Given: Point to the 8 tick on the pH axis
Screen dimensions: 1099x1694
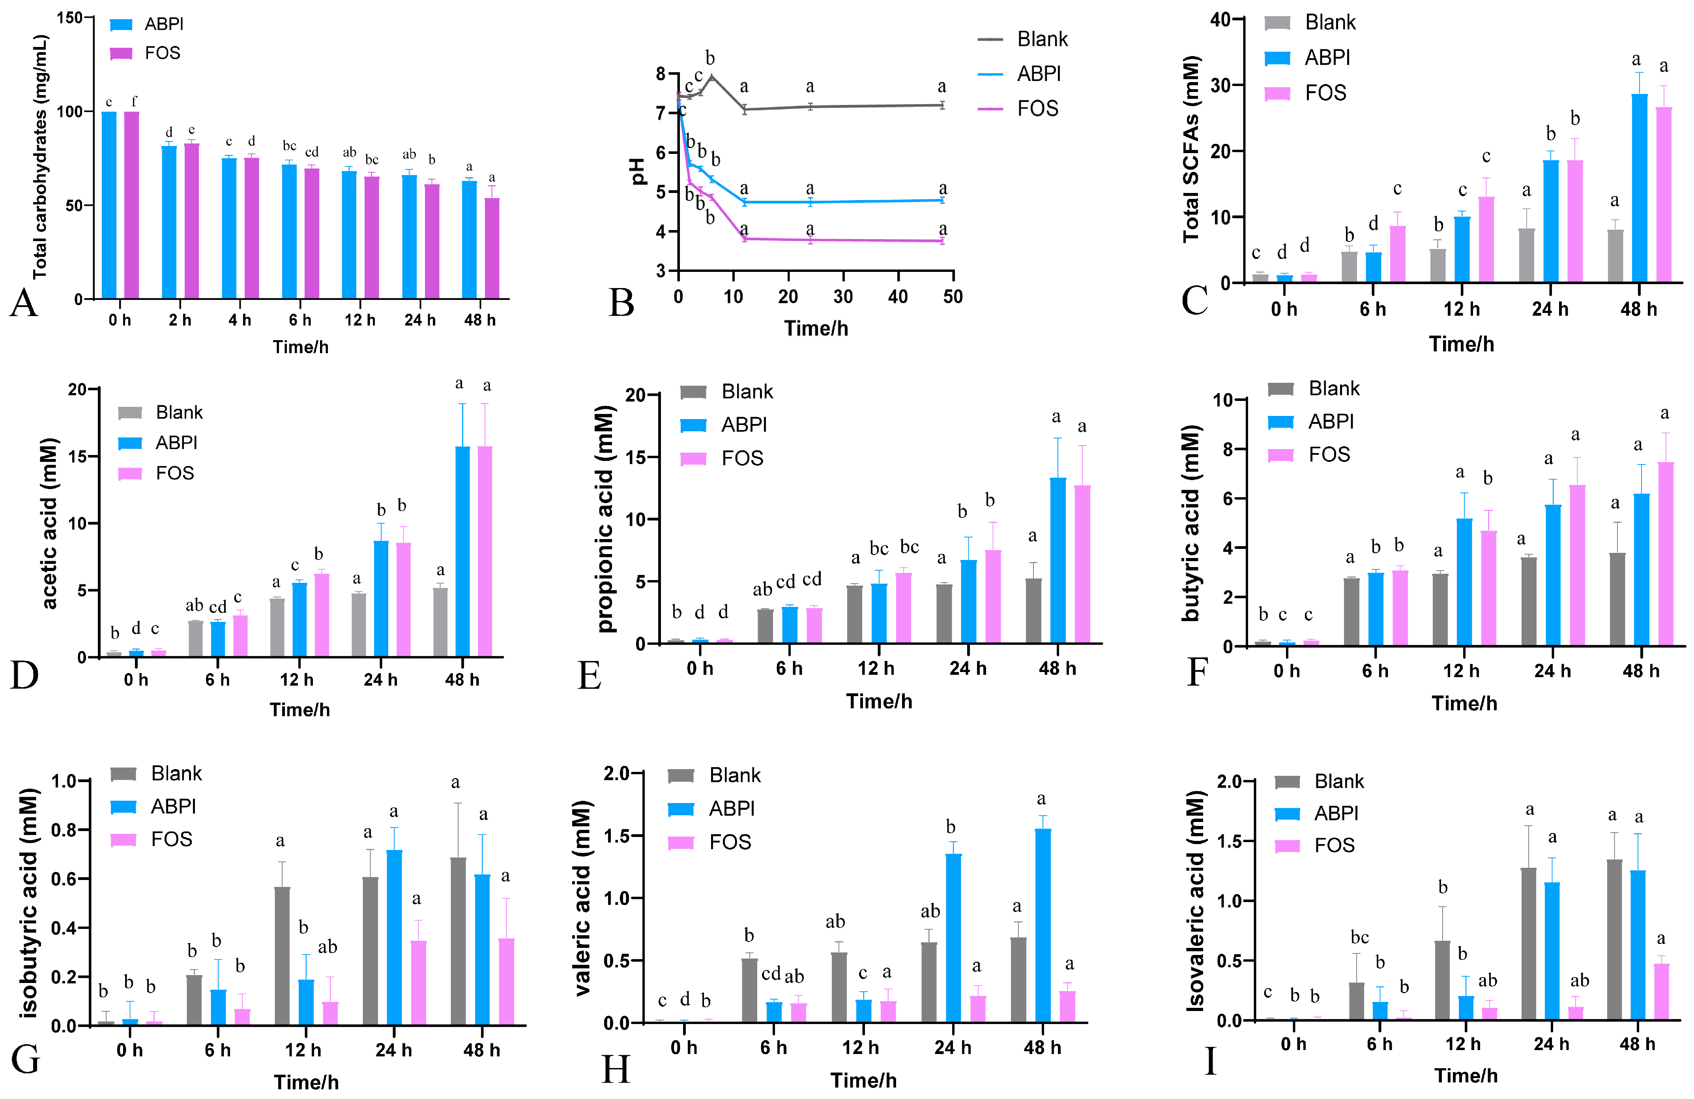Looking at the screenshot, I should click(661, 74).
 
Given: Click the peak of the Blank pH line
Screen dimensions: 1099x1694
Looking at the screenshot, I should click(711, 75).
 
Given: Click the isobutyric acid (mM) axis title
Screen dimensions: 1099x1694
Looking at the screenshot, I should click(28, 902).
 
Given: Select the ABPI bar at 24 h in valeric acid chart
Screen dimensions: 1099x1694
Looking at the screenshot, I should click(953, 938).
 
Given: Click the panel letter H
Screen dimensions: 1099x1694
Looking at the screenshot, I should click(616, 1068).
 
